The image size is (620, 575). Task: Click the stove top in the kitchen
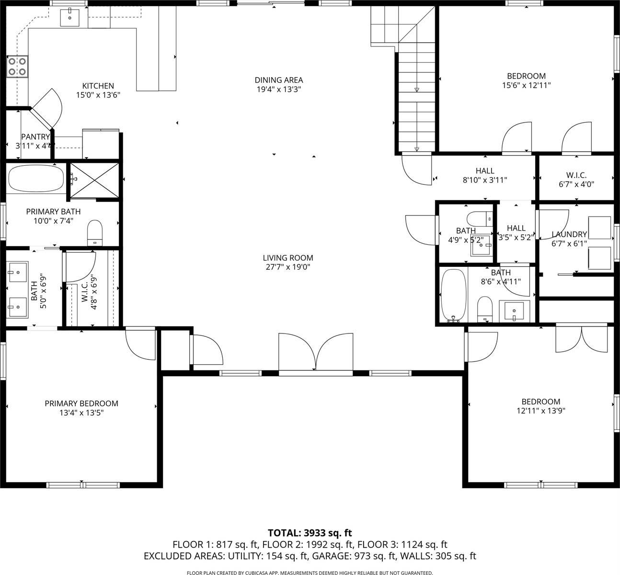click(x=17, y=67)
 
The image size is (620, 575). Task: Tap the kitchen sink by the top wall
click(x=70, y=18)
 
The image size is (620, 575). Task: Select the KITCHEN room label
click(x=98, y=86)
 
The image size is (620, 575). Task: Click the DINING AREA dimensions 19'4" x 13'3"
click(x=278, y=89)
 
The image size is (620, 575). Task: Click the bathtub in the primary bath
click(x=36, y=179)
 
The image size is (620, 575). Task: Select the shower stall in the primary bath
click(x=94, y=180)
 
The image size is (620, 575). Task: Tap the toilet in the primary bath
click(x=95, y=232)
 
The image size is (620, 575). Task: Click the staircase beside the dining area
click(x=416, y=96)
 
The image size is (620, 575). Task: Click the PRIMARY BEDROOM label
click(x=81, y=403)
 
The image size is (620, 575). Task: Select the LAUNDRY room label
click(x=569, y=234)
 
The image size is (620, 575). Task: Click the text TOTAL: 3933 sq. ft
click(x=310, y=533)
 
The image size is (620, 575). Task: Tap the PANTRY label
click(x=35, y=137)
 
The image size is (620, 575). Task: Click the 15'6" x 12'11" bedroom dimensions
click(x=526, y=85)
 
